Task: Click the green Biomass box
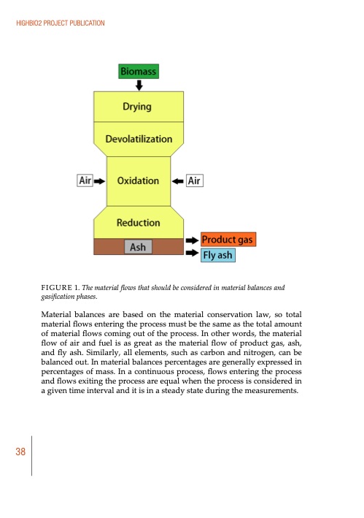(137, 71)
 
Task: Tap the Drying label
(137, 107)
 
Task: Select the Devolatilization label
(139, 138)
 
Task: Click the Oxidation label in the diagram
(138, 180)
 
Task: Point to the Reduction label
(138, 221)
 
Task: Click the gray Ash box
(138, 247)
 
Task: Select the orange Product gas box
(228, 240)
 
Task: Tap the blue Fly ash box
(218, 255)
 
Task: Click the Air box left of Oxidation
(85, 180)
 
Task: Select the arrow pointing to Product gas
(191, 240)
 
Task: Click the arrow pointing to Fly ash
(191, 254)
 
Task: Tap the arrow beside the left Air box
(101, 180)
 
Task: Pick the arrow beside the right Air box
(177, 180)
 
